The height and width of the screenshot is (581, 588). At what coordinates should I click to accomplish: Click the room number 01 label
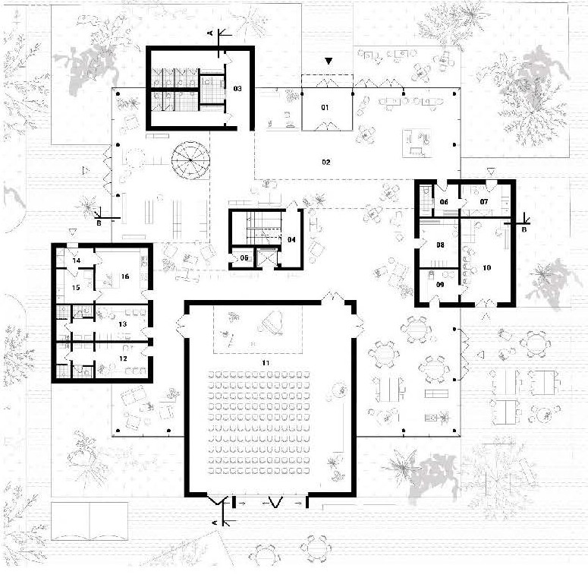(325, 107)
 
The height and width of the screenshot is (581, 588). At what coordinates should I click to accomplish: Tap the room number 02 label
(326, 162)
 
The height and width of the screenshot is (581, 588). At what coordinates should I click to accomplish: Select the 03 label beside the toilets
(237, 89)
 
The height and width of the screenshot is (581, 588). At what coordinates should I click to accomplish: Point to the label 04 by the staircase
(291, 239)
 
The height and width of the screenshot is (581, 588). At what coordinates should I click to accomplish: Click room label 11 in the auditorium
(266, 362)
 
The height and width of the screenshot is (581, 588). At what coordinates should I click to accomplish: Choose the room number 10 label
(487, 267)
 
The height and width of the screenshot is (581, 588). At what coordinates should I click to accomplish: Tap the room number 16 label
(125, 276)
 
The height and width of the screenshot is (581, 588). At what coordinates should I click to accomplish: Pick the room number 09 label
(440, 285)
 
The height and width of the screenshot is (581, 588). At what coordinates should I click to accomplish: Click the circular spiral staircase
(190, 160)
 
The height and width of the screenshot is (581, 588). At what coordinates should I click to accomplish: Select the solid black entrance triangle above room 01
(329, 61)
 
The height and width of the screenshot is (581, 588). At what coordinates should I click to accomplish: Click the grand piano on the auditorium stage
(272, 323)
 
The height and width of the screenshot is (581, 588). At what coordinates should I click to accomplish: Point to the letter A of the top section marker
(210, 33)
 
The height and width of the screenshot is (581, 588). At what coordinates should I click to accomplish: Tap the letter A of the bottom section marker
(215, 523)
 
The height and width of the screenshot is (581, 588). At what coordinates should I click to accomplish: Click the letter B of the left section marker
(99, 223)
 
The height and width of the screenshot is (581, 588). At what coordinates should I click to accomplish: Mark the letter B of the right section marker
(524, 229)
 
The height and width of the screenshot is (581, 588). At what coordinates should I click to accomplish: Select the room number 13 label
(123, 324)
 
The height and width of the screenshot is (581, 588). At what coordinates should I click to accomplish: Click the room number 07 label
(484, 201)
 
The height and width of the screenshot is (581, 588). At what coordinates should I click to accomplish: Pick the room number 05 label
(244, 258)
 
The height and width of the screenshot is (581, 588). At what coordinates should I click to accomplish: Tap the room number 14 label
(77, 260)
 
